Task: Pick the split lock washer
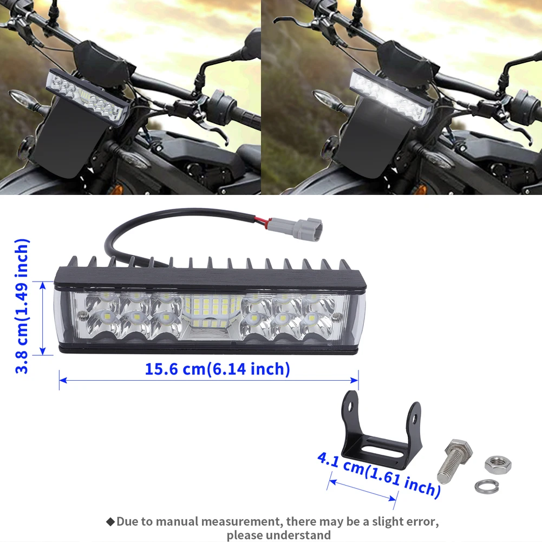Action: click(486, 486)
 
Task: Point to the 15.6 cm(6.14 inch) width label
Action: click(218, 369)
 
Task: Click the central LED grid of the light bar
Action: click(210, 311)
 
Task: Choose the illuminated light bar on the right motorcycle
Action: click(391, 96)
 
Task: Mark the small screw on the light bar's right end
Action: click(338, 316)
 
